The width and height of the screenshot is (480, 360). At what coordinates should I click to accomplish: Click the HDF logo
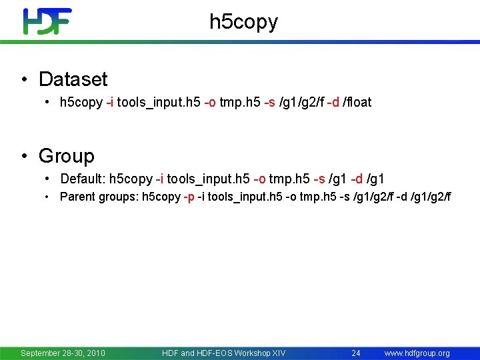click(x=47, y=21)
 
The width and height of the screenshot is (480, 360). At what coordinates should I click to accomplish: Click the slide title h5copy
click(x=243, y=22)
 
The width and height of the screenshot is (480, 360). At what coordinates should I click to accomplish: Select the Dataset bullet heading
click(x=73, y=79)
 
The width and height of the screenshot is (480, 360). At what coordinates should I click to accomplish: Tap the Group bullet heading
click(x=67, y=156)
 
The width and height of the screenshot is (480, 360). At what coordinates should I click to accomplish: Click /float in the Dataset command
click(x=357, y=103)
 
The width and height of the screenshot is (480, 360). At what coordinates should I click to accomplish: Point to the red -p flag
click(x=189, y=197)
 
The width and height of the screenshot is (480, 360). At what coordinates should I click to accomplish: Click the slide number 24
click(x=356, y=353)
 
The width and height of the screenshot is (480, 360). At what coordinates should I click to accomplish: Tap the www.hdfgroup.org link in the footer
click(x=417, y=353)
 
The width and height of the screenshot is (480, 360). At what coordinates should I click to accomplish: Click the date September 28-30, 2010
click(x=63, y=353)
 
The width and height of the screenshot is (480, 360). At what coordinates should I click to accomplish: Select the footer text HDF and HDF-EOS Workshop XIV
click(x=223, y=353)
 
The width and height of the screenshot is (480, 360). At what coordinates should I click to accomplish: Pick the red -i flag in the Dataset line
click(x=110, y=103)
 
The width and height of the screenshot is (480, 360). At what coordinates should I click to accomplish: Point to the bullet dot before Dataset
click(x=24, y=80)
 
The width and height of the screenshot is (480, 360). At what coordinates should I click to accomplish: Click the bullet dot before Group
click(x=24, y=157)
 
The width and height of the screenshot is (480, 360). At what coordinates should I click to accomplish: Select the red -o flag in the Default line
click(x=260, y=179)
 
